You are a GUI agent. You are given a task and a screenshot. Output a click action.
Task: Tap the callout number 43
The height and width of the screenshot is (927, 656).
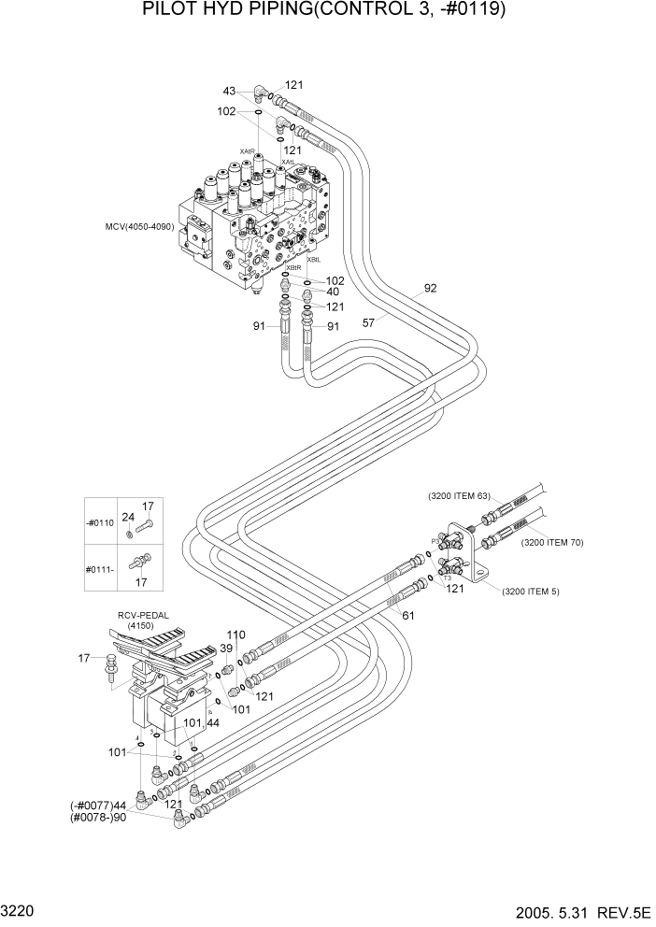[x=229, y=91]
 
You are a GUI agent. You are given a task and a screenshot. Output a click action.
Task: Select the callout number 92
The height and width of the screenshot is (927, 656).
[x=430, y=289]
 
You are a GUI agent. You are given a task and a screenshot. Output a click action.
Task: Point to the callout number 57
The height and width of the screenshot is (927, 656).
[x=369, y=322]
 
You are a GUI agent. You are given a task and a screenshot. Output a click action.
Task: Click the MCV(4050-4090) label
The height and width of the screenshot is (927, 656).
[x=141, y=226]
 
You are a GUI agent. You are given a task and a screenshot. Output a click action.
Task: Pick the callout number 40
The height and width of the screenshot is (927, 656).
[x=333, y=292]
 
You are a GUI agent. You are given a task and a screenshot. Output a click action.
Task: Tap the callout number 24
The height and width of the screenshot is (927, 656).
[x=127, y=516]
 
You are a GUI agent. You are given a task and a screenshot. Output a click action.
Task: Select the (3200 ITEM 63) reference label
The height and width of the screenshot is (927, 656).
[x=459, y=496]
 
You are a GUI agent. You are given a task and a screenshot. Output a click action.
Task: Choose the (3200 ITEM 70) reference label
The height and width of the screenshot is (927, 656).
[x=552, y=542]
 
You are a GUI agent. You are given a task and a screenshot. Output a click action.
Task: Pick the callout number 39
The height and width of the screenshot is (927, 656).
[x=226, y=649]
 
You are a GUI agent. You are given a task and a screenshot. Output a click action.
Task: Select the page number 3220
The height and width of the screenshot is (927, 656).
[x=19, y=909]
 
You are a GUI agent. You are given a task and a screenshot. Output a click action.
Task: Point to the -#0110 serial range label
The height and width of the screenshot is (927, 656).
[x=99, y=523]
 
